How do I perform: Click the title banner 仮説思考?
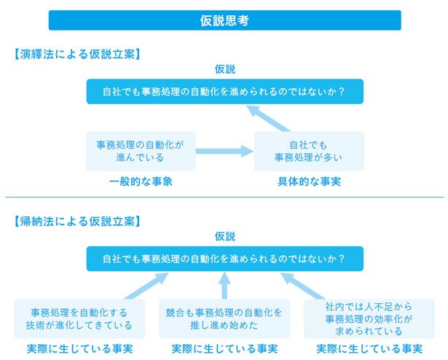click(225, 20)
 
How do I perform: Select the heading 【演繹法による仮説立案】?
click(77, 54)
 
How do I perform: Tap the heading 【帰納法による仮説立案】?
click(77, 222)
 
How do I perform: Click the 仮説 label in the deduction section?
click(225, 69)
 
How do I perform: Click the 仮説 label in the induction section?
click(225, 236)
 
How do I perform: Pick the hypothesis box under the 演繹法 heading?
click(225, 92)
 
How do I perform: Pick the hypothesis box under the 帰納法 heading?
click(225, 259)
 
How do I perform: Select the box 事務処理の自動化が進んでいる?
click(141, 152)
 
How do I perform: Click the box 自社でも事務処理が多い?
click(309, 152)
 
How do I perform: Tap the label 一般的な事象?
click(141, 181)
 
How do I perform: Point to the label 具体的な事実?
click(309, 181)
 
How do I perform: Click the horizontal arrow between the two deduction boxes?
click(225, 152)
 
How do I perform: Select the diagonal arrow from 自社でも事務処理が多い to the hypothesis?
click(269, 119)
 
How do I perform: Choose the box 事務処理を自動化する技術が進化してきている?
click(79, 318)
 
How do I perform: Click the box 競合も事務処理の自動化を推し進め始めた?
click(224, 318)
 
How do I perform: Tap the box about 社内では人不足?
click(369, 318)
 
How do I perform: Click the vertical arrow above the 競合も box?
click(224, 286)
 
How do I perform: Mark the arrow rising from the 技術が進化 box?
click(146, 286)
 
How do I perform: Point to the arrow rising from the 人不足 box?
click(303, 286)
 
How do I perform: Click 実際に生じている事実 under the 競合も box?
click(224, 349)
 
